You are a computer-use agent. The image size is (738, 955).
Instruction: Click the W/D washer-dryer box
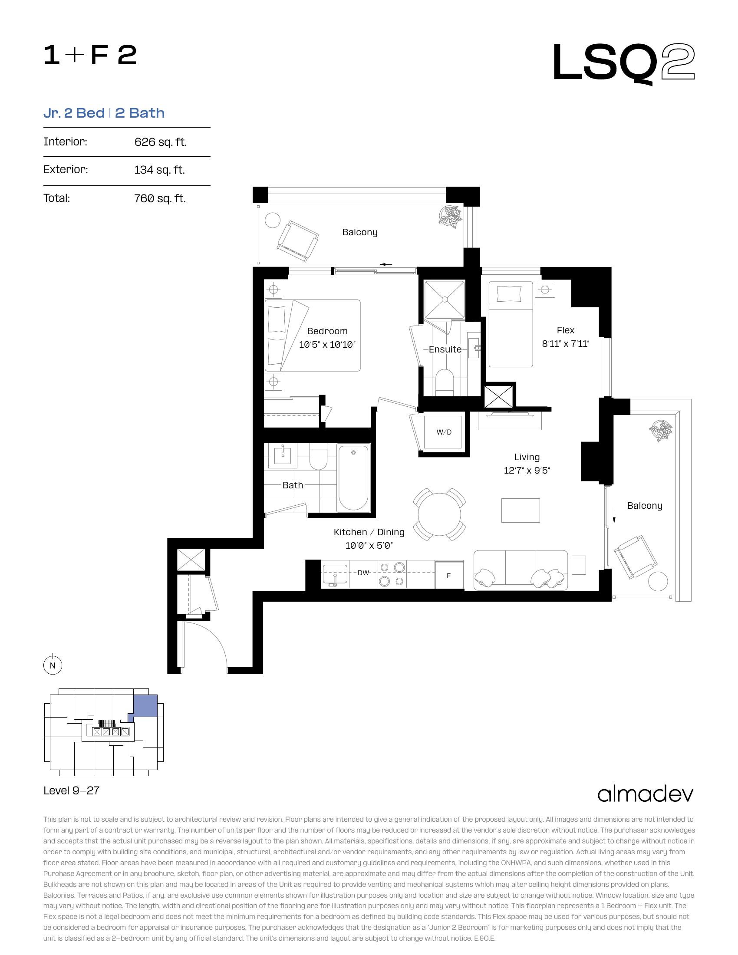tap(444, 432)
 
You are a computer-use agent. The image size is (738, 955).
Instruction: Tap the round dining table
tap(439, 514)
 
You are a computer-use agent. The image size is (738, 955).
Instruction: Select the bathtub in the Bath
tap(354, 478)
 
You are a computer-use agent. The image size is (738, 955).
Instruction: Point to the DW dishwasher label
tap(363, 573)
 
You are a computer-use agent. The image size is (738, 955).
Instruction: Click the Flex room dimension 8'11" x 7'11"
tap(565, 344)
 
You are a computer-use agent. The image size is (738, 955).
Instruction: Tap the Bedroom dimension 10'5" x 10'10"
tap(327, 345)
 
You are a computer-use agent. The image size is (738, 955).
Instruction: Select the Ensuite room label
tap(445, 349)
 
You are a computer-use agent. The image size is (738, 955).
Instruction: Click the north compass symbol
tap(53, 665)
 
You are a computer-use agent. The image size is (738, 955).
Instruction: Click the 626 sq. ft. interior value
tap(161, 142)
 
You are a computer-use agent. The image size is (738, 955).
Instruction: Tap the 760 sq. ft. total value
tap(160, 198)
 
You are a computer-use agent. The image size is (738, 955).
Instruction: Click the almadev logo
tap(645, 794)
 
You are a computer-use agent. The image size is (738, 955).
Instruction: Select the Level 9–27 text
tap(72, 790)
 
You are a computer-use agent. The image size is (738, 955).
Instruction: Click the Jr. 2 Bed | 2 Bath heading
tap(104, 113)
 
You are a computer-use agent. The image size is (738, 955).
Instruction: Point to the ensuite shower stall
tap(445, 300)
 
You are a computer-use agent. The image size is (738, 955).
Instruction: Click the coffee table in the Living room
tap(520, 510)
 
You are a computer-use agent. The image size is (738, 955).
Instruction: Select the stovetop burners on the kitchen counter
tap(392, 574)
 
